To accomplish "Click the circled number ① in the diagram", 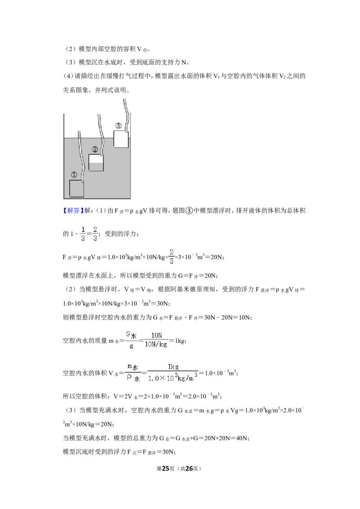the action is tap(74, 174).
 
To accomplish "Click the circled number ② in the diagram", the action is tap(95, 149).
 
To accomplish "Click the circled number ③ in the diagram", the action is tap(119, 125).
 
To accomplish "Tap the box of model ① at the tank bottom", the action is tap(76, 188).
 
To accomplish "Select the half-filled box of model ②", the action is tap(96, 163).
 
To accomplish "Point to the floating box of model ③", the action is tap(121, 139).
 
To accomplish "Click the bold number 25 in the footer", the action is tap(166, 469).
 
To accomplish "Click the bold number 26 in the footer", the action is tap(189, 469).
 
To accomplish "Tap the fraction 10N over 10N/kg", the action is tap(156, 340).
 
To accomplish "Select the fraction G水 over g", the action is tap(131, 340).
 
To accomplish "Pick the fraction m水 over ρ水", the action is tap(133, 373).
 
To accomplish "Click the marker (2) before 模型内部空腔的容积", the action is tap(71, 49).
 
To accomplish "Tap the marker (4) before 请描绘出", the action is tap(68, 76).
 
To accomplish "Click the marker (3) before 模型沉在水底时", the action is tap(71, 63).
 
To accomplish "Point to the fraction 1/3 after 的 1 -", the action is tap(83, 234).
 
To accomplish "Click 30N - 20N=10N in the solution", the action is tap(227, 317).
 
